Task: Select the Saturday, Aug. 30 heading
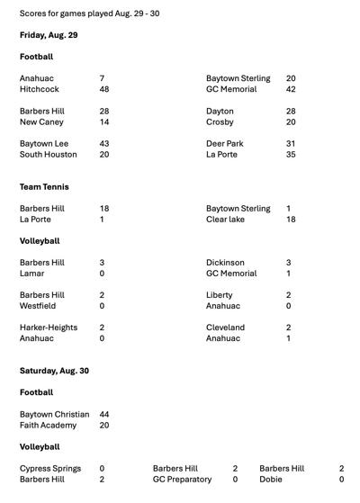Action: click(x=54, y=371)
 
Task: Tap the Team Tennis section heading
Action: click(x=44, y=187)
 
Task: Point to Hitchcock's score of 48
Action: click(x=104, y=89)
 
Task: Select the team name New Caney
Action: click(x=41, y=121)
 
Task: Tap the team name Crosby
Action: click(x=220, y=121)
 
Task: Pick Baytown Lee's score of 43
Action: click(x=104, y=144)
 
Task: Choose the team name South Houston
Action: click(x=49, y=155)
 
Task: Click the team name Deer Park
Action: click(x=225, y=144)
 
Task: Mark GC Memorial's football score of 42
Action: click(x=291, y=89)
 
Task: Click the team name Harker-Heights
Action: click(x=49, y=328)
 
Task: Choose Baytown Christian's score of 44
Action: click(x=104, y=415)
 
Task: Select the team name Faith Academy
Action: click(x=48, y=426)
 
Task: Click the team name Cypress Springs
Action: click(x=50, y=469)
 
